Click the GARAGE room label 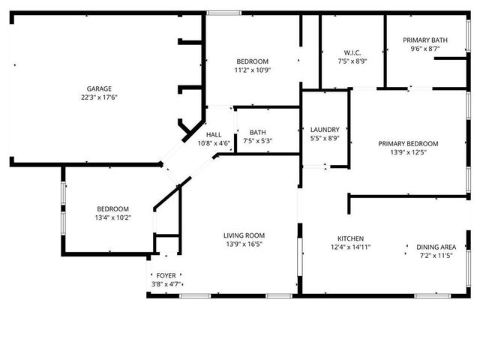pos(99,88)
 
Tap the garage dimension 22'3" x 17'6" pos(99,97)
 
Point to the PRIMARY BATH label pos(425,40)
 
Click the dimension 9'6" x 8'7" pos(425,49)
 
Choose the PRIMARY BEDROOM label pos(408,144)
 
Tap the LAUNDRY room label pos(324,130)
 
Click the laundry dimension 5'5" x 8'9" pos(324,139)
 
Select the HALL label pos(213,135)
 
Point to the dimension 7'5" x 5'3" pos(257,141)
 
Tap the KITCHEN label pos(351,238)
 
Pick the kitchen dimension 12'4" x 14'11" pos(351,247)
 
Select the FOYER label pos(166,276)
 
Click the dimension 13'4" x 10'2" pos(112,218)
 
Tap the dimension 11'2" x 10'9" pos(253,70)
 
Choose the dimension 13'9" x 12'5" pos(408,153)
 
